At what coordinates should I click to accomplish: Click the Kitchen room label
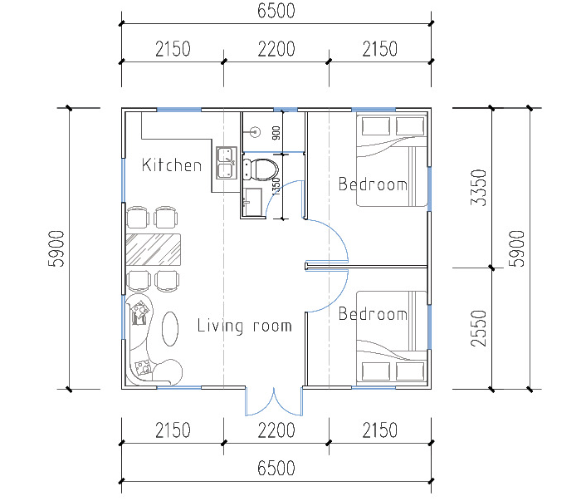click(x=172, y=165)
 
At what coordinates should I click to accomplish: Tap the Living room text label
click(x=244, y=326)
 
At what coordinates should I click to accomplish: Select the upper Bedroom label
click(x=373, y=184)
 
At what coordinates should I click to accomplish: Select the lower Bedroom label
click(x=373, y=313)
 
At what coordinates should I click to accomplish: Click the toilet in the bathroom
click(x=261, y=169)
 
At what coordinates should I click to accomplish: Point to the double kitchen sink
click(x=227, y=163)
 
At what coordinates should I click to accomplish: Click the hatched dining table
click(x=154, y=249)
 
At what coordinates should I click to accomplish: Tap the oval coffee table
click(x=170, y=328)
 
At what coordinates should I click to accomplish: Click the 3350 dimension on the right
click(x=479, y=188)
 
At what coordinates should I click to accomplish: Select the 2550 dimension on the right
click(x=479, y=328)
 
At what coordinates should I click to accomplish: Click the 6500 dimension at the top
click(x=276, y=11)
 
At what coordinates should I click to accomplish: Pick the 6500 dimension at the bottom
click(x=276, y=468)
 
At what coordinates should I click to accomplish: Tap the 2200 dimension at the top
click(x=276, y=49)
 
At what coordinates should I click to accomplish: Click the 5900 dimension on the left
click(x=56, y=248)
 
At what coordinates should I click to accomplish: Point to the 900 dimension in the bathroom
click(x=276, y=133)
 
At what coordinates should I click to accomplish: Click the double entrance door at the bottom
click(x=274, y=401)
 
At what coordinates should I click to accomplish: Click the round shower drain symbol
click(x=256, y=132)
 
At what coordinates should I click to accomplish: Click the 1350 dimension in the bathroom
click(x=276, y=186)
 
